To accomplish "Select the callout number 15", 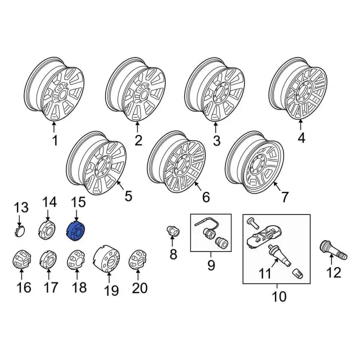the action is coord(78,202).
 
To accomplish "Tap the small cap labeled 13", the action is coord(20,231).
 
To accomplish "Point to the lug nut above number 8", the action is coord(173,231).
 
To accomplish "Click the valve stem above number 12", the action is coord(334,250).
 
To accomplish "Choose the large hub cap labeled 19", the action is coord(107,259).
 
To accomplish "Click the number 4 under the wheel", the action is coord(301,138).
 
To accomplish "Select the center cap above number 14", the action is coord(47,229).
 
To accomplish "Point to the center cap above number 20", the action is coord(138,259).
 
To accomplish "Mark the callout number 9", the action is coord(211,265).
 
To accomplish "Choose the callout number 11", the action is coord(265,273).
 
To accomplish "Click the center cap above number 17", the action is coord(48,259).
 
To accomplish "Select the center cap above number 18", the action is coord(76,260).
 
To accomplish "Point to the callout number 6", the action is coord(206,197).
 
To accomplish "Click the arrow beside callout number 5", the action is coord(120,185).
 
